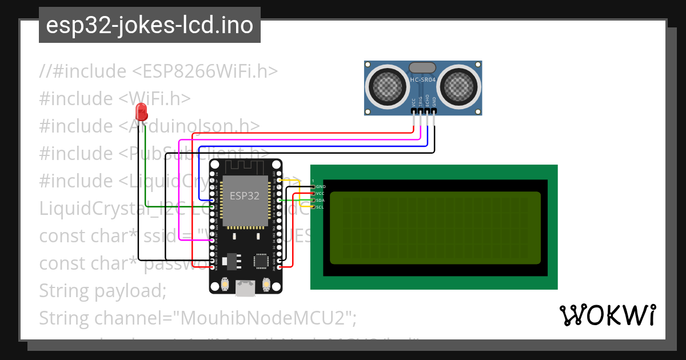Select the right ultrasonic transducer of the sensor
458,86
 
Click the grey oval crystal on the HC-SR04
423,68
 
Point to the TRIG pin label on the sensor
420,102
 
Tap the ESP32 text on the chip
245,195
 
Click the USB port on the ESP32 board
246,288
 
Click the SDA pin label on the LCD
320,201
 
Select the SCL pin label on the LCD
320,207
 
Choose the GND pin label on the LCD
321,187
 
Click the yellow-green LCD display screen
435,227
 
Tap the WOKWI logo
607,315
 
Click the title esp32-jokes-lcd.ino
150,25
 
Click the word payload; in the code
130,290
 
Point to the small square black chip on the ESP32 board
261,261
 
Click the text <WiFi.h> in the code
155,98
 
